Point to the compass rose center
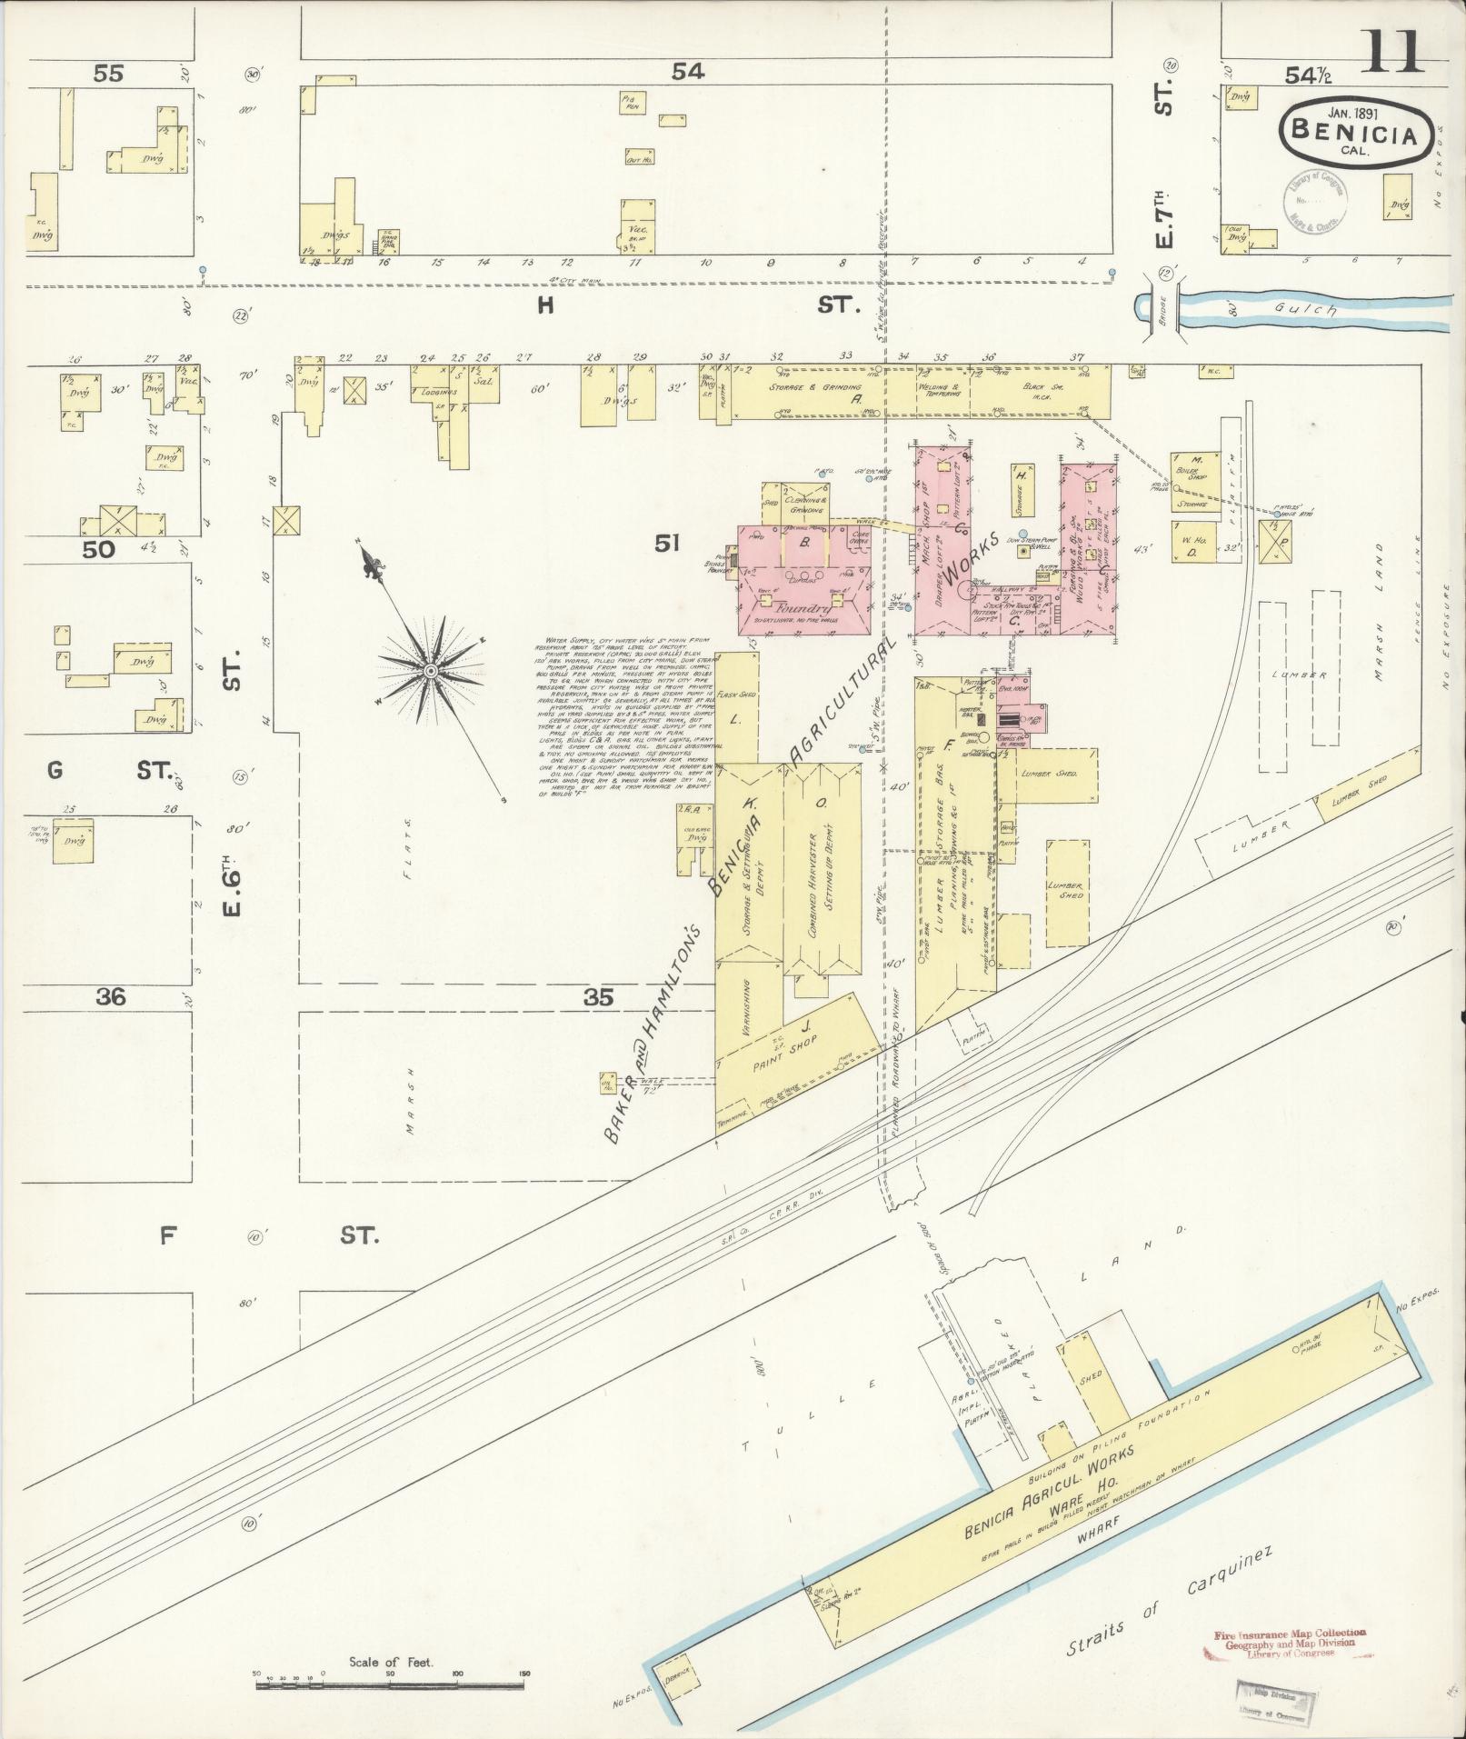429,670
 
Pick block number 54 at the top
688,72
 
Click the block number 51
667,544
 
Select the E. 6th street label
232,891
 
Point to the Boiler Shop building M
1197,469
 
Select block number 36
112,997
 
